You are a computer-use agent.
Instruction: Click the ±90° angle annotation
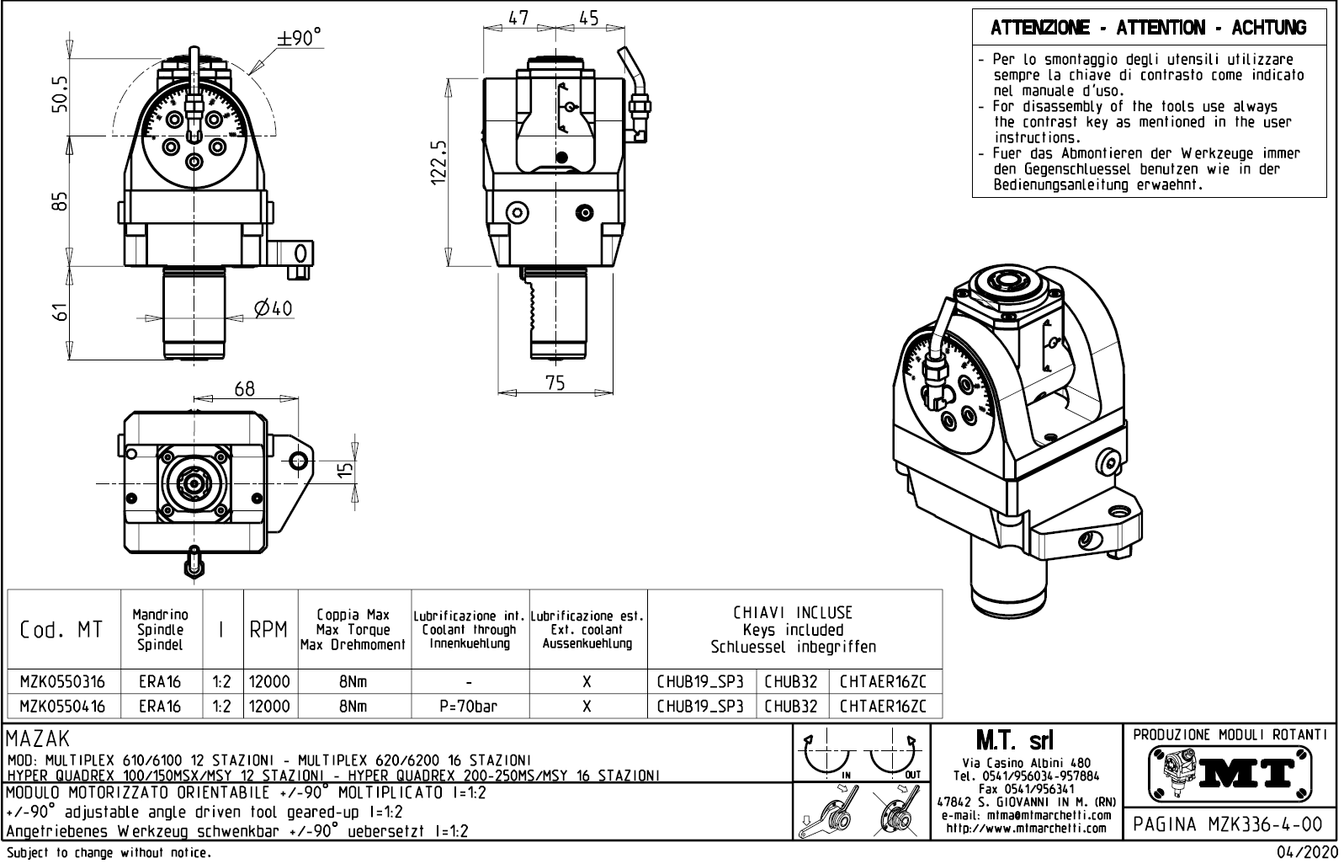coord(300,39)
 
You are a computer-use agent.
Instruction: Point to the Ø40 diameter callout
coord(273,309)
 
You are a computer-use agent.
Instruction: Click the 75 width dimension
coord(555,382)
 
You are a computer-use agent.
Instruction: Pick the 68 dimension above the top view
coord(244,389)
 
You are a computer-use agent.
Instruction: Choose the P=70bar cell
coord(468,707)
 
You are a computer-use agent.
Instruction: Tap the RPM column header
coord(268,630)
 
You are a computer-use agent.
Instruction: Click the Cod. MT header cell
coord(61,630)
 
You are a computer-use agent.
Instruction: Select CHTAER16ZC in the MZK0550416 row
coord(883,707)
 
